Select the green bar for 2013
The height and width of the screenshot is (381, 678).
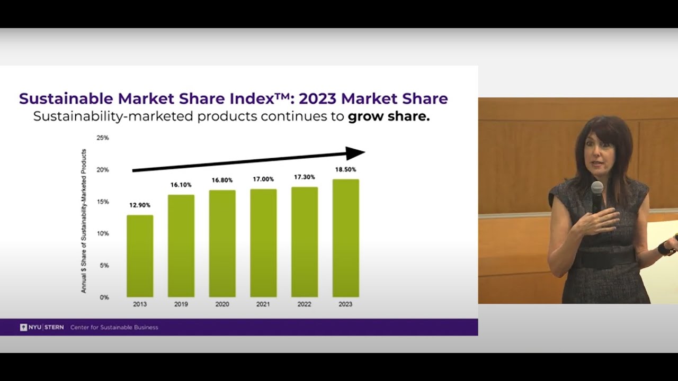click(x=140, y=256)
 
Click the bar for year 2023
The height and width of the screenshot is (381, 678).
click(x=345, y=238)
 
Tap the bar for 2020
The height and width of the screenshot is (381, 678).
click(x=222, y=243)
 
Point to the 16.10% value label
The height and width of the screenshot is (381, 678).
click(x=181, y=185)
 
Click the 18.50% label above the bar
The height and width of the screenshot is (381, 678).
click(x=345, y=170)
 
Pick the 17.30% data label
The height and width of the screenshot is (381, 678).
click(x=305, y=177)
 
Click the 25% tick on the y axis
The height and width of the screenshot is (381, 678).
click(x=102, y=138)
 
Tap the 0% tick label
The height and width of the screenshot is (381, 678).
click(x=104, y=297)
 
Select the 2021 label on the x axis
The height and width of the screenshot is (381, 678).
click(x=263, y=304)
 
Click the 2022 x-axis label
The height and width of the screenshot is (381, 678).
click(x=305, y=304)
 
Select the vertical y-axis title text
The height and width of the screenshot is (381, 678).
click(x=84, y=221)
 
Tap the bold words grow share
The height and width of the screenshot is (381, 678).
click(x=388, y=116)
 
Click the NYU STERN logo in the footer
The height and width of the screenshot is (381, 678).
click(x=42, y=327)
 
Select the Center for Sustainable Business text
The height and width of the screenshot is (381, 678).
click(x=114, y=327)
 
